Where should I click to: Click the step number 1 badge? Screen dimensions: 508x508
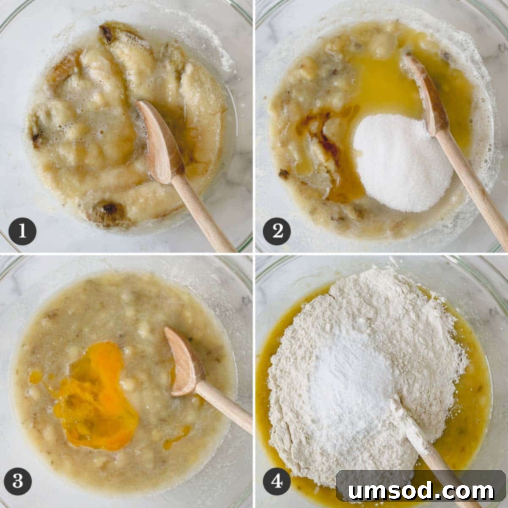click(22, 231)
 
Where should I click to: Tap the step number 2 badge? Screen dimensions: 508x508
click(277, 231)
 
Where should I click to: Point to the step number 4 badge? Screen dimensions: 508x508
click(277, 481)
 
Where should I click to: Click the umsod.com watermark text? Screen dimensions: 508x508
click(421, 490)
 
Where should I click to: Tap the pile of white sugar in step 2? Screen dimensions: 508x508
click(396, 163)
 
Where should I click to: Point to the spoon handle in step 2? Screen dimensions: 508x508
click(474, 186)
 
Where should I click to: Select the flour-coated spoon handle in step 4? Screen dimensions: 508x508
click(432, 449)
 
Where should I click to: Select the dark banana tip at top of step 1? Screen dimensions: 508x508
click(107, 34)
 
